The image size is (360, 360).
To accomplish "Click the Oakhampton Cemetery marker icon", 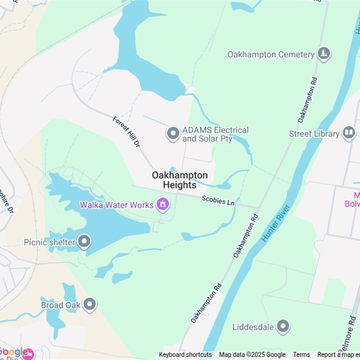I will (x=323, y=54).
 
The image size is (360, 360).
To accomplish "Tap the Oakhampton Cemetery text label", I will (x=271, y=54).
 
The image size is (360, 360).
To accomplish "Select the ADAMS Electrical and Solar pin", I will (x=173, y=134).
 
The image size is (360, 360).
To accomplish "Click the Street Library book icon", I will (x=349, y=133).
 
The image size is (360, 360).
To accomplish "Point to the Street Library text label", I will (x=314, y=134).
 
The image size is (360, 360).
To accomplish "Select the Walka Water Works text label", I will (x=117, y=205).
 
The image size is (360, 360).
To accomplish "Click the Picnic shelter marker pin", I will (x=84, y=242).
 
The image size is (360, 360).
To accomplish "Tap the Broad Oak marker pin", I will (x=90, y=305).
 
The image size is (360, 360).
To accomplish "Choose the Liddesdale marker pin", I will (x=283, y=327).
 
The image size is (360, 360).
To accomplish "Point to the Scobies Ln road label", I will (x=218, y=200).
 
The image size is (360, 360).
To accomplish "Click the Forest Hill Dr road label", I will (x=126, y=132).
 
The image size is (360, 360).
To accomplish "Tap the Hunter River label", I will (x=276, y=223).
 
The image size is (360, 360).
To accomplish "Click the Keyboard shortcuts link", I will (x=185, y=355).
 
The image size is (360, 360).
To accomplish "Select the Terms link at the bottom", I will (x=301, y=355).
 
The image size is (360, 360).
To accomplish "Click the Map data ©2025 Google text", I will (x=252, y=355).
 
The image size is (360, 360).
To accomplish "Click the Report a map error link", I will (x=337, y=355).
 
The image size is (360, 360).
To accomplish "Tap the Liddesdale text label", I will (x=253, y=327).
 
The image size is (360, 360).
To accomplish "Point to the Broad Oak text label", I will (x=61, y=305).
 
